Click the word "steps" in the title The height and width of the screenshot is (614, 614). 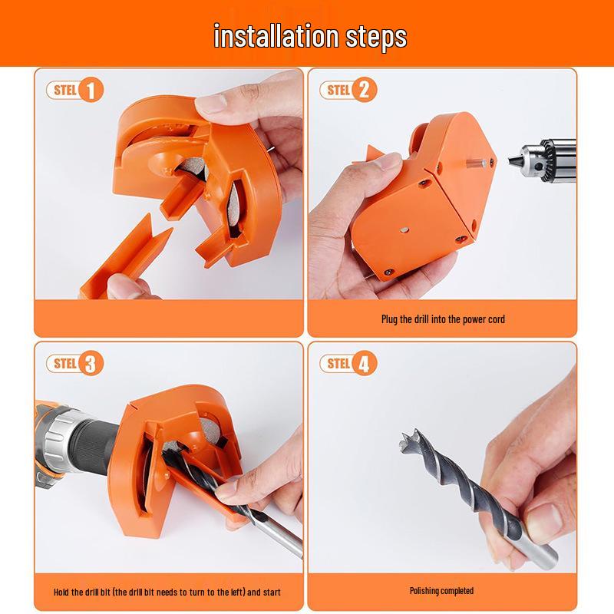pyautogui.click(x=376, y=38)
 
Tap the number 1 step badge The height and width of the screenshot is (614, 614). pyautogui.click(x=91, y=90)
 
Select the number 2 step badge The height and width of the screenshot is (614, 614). pyautogui.click(x=364, y=90)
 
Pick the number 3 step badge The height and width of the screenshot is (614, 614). pyautogui.click(x=91, y=363)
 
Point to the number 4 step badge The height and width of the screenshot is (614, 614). pyautogui.click(x=364, y=363)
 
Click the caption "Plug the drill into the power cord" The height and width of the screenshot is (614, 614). pyautogui.click(x=443, y=319)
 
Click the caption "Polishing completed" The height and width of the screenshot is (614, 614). pyautogui.click(x=442, y=590)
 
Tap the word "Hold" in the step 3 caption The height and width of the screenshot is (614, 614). pyautogui.click(x=61, y=592)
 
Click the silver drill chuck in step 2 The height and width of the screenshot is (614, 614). pyautogui.click(x=544, y=160)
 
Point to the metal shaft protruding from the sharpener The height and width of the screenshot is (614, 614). pyautogui.click(x=476, y=163)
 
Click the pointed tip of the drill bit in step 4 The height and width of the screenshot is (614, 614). pyautogui.click(x=401, y=436)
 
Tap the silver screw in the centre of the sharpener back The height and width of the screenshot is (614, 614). pyautogui.click(x=404, y=231)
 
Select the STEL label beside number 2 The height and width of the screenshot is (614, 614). pyautogui.click(x=338, y=90)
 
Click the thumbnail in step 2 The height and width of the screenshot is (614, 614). pyautogui.click(x=391, y=160)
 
